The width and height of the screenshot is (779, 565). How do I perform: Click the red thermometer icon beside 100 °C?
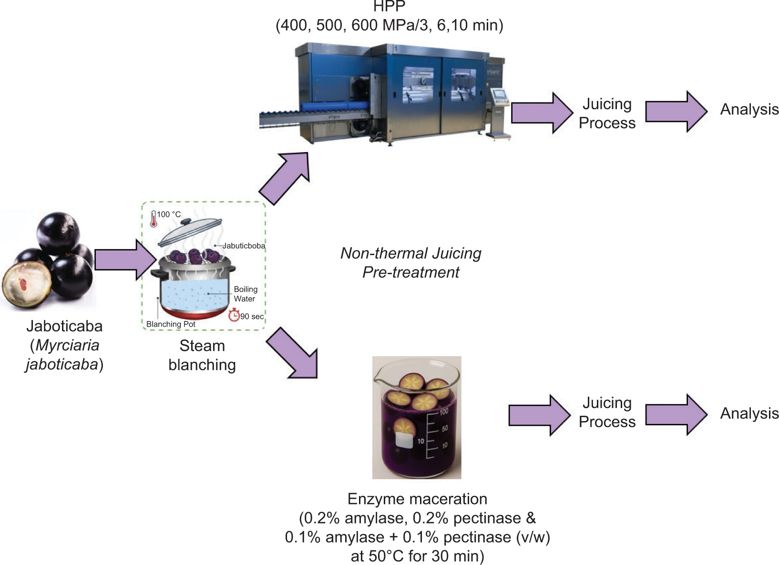(x=154, y=219)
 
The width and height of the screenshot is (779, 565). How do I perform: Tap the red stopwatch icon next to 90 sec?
(x=234, y=315)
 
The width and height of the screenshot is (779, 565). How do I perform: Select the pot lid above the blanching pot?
(x=190, y=232)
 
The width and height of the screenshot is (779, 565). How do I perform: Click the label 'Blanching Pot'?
(x=171, y=324)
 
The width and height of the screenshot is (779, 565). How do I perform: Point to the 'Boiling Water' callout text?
(x=245, y=294)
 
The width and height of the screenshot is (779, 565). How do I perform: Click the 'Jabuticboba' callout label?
(x=244, y=246)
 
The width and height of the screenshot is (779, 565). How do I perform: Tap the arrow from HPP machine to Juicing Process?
(x=541, y=113)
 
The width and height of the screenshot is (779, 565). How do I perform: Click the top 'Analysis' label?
(x=749, y=110)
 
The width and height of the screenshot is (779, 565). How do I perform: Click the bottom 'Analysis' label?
(x=749, y=413)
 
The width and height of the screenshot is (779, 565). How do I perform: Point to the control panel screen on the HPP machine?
(x=499, y=94)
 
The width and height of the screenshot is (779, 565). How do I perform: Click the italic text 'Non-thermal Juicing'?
(x=410, y=253)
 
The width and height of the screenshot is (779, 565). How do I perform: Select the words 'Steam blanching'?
(x=202, y=355)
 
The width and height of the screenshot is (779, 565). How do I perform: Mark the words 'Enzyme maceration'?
(x=417, y=499)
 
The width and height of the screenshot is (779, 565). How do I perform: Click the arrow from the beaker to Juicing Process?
(x=539, y=415)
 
